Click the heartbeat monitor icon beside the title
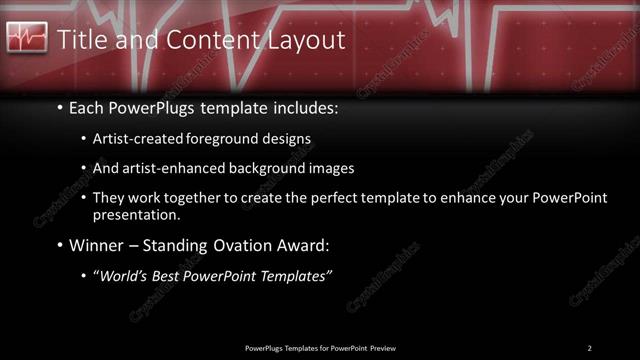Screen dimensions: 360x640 tap(27, 39)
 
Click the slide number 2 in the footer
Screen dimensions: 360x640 tap(589, 348)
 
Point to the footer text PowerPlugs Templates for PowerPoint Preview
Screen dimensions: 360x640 tap(320, 348)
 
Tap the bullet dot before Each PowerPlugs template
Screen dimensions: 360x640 tap(60, 106)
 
